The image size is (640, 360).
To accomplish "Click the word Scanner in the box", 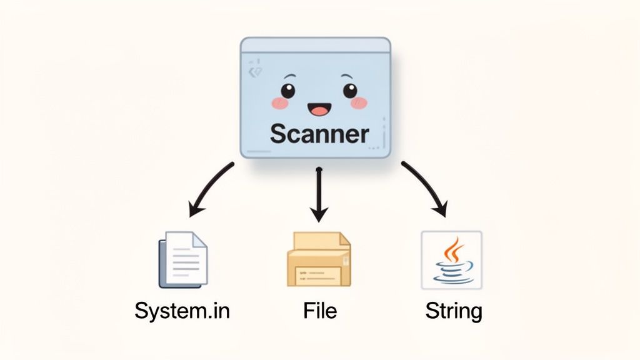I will (x=319, y=134).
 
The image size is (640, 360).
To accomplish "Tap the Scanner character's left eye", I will (x=287, y=91).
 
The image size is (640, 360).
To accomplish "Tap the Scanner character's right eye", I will (x=349, y=91).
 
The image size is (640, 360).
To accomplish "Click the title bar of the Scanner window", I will (x=316, y=45).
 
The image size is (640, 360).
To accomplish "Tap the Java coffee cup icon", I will (x=451, y=259).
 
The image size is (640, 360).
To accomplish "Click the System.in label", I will (x=182, y=310).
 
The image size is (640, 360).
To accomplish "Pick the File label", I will (x=319, y=310).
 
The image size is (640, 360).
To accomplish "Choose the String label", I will (x=454, y=311).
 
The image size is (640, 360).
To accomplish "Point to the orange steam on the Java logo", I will (x=453, y=249).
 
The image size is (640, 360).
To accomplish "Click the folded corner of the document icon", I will (x=199, y=239).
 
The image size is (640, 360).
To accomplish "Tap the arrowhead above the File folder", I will (x=319, y=214).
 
